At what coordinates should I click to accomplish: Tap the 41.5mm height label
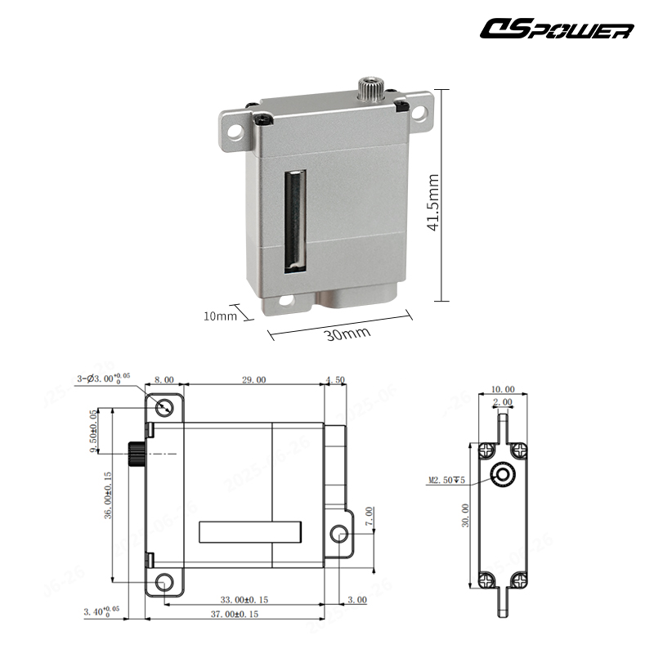[433, 202]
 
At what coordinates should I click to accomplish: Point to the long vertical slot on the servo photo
[293, 220]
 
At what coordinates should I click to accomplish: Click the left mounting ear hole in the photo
[235, 128]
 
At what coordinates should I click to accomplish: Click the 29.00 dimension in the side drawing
[253, 379]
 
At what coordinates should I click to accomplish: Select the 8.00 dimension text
[164, 379]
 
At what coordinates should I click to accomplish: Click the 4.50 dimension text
[335, 379]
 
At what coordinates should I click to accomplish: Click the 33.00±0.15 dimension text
[244, 600]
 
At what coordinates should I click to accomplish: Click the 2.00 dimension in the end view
[503, 402]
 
